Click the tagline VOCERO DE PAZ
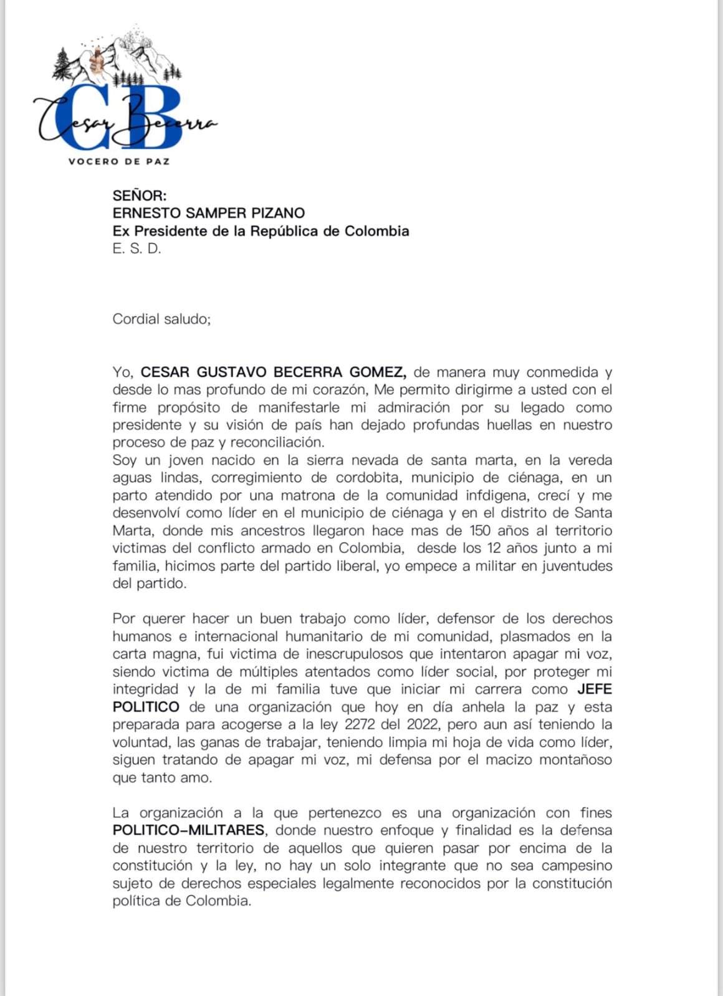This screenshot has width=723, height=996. tap(118, 161)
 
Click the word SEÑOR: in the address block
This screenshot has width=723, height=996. tap(140, 196)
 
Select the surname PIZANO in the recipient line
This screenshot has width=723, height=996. tap(278, 213)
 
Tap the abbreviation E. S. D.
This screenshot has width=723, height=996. tap(136, 249)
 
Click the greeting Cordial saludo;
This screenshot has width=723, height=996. tap(161, 319)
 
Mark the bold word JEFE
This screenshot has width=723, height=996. tap(595, 689)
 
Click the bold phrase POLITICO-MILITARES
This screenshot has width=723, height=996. tap(189, 830)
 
